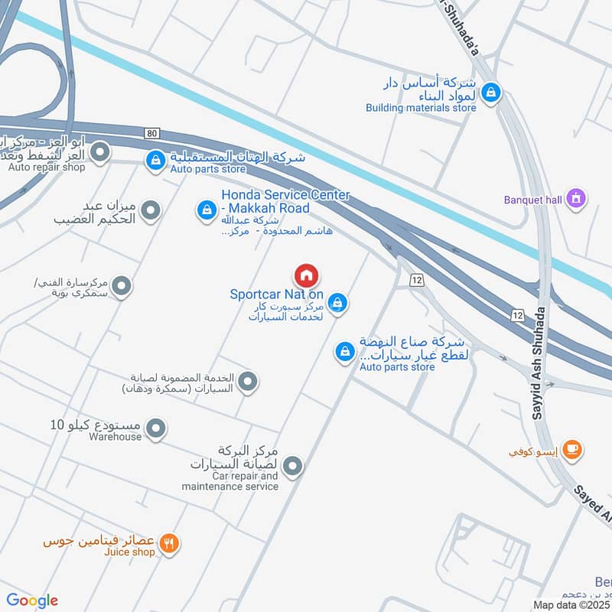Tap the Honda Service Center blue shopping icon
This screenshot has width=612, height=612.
coord(206,209)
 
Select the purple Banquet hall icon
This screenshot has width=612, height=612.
coord(577,200)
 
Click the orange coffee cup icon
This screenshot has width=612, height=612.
coord(571,451)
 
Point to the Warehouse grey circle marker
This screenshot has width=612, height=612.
coord(155,429)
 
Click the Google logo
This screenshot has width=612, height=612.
coord(31,600)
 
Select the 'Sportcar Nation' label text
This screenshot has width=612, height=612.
coord(276,295)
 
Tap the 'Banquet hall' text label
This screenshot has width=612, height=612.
coord(532,200)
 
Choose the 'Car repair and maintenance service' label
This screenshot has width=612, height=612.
coord(230,480)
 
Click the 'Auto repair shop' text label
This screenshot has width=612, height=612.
coord(47,168)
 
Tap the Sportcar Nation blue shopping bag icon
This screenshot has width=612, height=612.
coord(338,304)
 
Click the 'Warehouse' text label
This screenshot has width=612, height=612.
coord(115,437)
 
